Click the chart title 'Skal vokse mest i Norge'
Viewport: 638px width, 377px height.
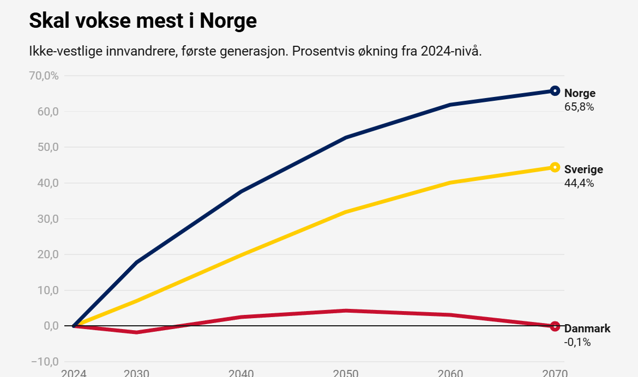142,21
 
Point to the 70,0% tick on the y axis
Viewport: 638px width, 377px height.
44,76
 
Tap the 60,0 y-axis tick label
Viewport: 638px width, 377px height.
48,112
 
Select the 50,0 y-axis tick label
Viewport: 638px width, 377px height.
48,147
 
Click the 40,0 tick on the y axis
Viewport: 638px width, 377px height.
48,183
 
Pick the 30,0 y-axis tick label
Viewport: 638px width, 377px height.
48,219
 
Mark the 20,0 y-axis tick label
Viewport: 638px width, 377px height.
48,254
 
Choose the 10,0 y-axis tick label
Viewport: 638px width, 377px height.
48,290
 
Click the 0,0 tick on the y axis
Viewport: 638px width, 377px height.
51,326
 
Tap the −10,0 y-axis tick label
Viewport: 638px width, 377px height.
45,362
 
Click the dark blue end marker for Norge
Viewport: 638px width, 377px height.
555,91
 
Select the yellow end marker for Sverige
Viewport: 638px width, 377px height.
555,167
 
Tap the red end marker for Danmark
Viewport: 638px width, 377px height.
555,326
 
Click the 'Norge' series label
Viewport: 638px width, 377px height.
580,93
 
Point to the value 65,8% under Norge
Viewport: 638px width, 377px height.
579,107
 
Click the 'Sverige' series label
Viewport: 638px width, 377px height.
583,169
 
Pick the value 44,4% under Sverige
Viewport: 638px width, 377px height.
579,184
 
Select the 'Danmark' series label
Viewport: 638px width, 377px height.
587,329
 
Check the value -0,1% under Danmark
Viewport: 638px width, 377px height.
577,343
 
